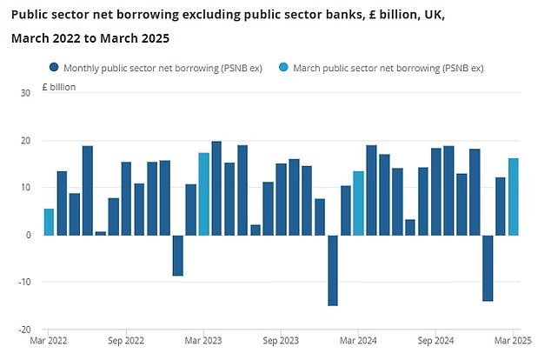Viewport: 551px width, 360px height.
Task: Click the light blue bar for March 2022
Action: point(49,222)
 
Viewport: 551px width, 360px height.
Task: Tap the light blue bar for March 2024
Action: point(358,203)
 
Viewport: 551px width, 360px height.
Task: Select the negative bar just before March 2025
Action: point(488,268)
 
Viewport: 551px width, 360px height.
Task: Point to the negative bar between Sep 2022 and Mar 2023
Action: point(177,255)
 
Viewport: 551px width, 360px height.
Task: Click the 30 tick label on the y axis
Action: point(24,93)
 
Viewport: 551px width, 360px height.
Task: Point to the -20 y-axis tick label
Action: point(23,330)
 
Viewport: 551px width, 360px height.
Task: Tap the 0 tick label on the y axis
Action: point(28,235)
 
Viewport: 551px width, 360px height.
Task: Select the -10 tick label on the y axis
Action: point(23,283)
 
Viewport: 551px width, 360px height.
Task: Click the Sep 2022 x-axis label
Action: point(127,343)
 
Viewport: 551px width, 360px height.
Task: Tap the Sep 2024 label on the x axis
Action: point(435,343)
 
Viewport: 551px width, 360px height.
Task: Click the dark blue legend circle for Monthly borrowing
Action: point(55,67)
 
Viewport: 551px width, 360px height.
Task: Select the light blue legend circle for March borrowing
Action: point(284,67)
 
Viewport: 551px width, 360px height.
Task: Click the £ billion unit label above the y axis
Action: point(59,87)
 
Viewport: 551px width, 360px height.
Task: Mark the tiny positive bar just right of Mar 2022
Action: point(100,233)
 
